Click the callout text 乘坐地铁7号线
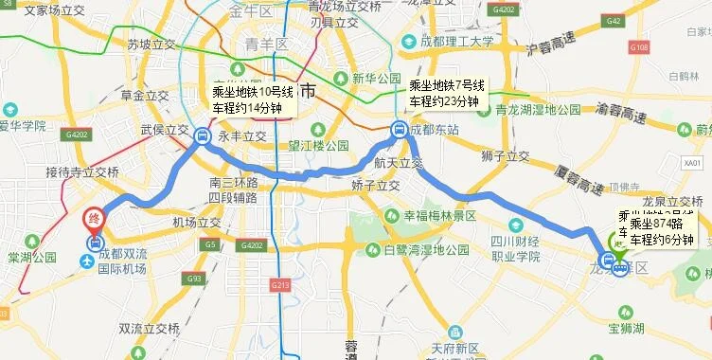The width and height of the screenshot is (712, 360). coord(446,86)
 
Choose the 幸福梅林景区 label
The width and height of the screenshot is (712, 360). coord(443,216)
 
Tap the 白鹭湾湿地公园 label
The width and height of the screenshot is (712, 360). coord(426,250)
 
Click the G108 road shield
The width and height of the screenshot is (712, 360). coord(639,74)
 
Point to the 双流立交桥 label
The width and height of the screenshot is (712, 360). coord(149,329)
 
